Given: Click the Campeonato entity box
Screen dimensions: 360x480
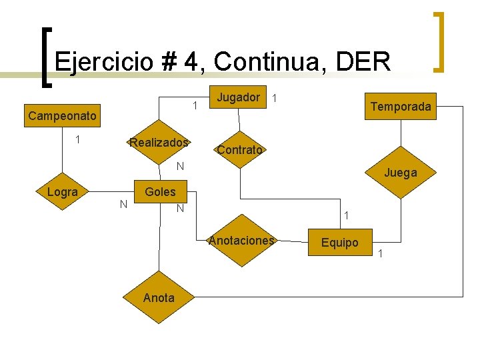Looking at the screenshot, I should click(62, 116).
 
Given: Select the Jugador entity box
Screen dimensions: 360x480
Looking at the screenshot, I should click(239, 98).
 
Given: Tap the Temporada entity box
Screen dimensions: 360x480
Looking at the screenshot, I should click(400, 107).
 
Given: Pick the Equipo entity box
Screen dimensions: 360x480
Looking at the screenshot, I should click(340, 243).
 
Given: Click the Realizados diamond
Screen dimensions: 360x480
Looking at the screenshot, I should click(159, 143).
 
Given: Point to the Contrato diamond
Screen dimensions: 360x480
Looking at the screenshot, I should click(239, 150).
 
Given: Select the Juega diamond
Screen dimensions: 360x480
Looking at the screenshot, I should click(400, 173).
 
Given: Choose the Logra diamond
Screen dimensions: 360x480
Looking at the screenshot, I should click(63, 192).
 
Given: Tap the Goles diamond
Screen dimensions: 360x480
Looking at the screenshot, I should click(161, 192).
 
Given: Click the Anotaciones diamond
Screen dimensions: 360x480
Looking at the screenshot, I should click(241, 241).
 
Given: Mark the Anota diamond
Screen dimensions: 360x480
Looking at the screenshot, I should click(159, 297).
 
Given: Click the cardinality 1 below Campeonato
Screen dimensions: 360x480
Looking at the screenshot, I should click(78, 139).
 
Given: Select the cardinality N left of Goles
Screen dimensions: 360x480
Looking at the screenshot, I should click(123, 203).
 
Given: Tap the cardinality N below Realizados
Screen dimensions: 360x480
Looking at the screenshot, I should click(180, 165).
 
